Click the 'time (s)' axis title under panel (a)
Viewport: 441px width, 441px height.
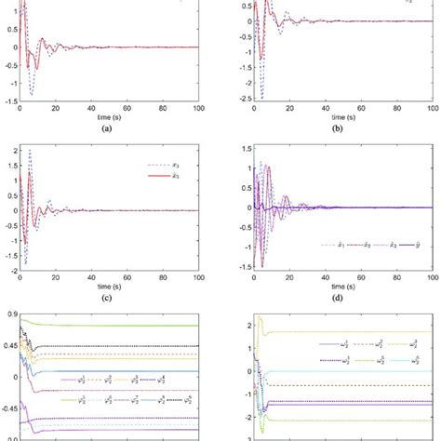click(x=109, y=120)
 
